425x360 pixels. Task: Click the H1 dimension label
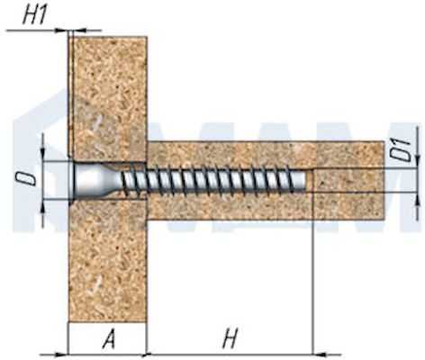click(x=35, y=16)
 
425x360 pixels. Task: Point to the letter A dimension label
click(x=109, y=338)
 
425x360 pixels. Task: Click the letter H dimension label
click(x=231, y=338)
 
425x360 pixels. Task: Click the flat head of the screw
click(x=74, y=181)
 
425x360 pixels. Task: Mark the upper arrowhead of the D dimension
click(x=42, y=155)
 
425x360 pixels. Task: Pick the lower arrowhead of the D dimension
click(x=42, y=206)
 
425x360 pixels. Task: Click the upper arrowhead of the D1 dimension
click(x=417, y=162)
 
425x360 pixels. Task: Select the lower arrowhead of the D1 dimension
click(x=417, y=199)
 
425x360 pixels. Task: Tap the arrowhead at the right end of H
click(x=320, y=354)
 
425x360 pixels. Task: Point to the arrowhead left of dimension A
click(x=62, y=354)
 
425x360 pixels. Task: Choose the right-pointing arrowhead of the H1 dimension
click(x=61, y=30)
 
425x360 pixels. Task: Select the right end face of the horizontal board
click(x=384, y=180)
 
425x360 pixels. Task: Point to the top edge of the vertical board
click(x=108, y=37)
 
